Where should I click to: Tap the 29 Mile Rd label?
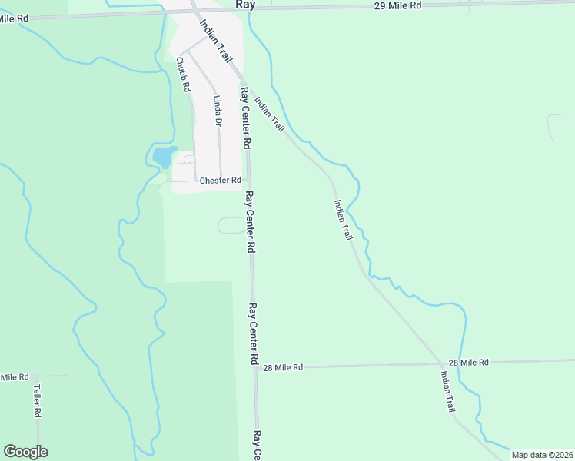click(x=398, y=5)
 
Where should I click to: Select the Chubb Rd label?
click(x=182, y=75)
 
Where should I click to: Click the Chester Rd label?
click(x=221, y=181)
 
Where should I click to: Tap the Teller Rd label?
click(x=36, y=401)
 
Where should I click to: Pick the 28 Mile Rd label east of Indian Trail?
click(x=468, y=362)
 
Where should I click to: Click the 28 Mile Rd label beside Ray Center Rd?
click(x=283, y=368)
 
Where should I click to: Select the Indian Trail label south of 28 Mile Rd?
click(x=447, y=392)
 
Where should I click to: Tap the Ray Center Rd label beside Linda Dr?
click(x=245, y=118)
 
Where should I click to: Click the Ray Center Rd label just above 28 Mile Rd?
click(x=252, y=333)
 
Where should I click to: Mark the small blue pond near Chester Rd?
click(x=163, y=157)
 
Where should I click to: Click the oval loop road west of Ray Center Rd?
click(x=231, y=225)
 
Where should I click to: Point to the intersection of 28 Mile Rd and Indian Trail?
click(x=442, y=363)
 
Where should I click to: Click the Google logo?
click(x=25, y=452)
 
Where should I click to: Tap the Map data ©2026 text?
click(x=542, y=455)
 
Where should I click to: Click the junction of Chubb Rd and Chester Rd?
click(x=195, y=180)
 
